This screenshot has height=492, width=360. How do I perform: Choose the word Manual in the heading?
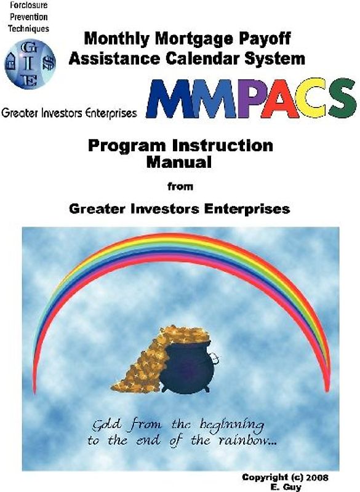click(179, 163)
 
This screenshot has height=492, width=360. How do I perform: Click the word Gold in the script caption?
click(108, 426)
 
